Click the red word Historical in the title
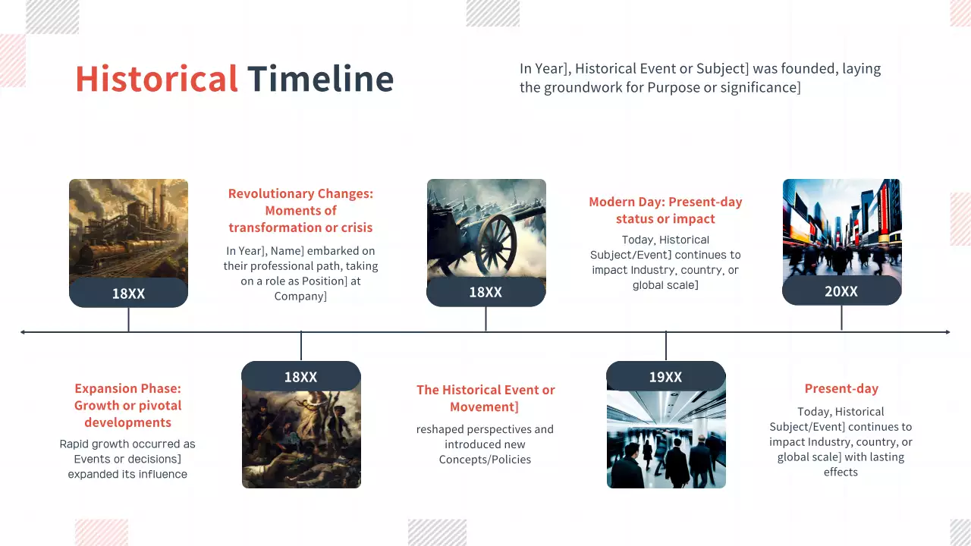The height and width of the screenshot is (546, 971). (x=156, y=79)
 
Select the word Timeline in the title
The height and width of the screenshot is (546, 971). (x=320, y=79)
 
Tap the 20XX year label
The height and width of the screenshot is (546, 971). (x=841, y=291)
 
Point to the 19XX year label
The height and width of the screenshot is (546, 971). (x=665, y=377)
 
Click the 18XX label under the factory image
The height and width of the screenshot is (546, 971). (x=128, y=293)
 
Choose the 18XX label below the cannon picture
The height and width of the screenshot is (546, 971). (x=485, y=292)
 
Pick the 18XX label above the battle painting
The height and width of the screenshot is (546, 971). (x=300, y=377)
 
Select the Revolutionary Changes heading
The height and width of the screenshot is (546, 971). (x=300, y=211)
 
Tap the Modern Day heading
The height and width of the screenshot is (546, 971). (x=665, y=210)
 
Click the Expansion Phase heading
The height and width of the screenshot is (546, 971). (x=127, y=406)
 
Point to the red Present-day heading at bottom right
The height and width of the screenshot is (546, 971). (x=841, y=389)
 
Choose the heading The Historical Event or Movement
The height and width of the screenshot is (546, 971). (x=485, y=398)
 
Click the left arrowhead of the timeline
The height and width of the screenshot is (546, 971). (x=24, y=332)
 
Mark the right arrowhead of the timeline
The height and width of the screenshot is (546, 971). (x=946, y=332)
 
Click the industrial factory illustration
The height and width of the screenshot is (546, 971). (x=128, y=227)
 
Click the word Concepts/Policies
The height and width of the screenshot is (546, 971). (x=485, y=460)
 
